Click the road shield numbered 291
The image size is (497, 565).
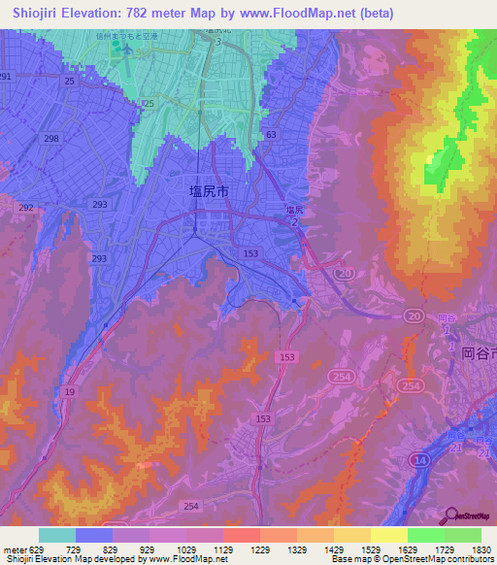6,76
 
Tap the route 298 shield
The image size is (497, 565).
50,140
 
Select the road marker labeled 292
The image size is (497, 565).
26,207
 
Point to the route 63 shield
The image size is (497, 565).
270,135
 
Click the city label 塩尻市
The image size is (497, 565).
209,192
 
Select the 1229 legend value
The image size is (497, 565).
260,549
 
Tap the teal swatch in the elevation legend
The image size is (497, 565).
57,535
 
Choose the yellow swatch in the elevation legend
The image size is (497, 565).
388,535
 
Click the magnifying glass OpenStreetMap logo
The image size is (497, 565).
449,515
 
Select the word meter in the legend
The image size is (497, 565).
14,549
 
